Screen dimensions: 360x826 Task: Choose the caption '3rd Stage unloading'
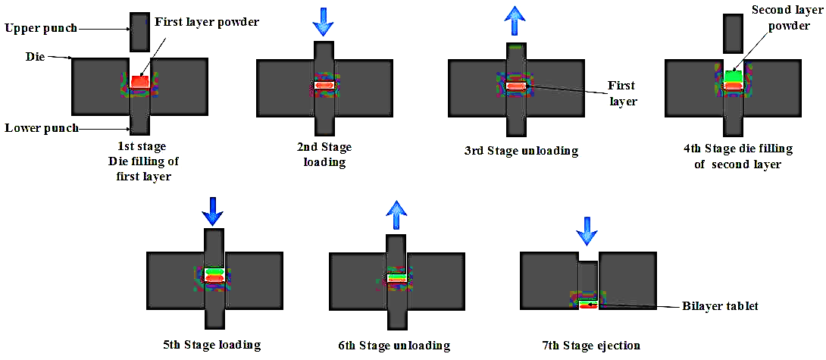pos(521,150)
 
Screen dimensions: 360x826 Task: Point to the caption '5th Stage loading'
pos(211,345)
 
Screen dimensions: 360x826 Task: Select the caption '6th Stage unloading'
pos(395,346)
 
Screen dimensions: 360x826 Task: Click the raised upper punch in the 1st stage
pos(140,32)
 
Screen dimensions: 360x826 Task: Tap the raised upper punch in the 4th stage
pos(733,33)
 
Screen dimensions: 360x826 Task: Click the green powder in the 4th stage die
pos(733,76)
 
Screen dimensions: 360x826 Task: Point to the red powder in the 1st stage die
pos(139,80)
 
